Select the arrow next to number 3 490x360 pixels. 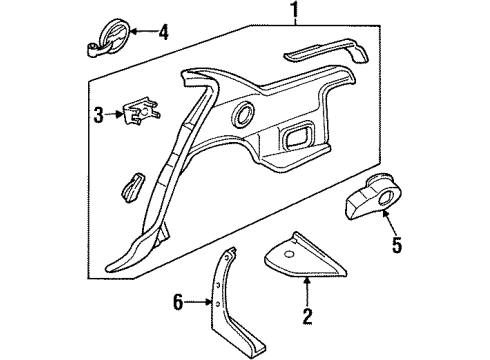click(x=114, y=116)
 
